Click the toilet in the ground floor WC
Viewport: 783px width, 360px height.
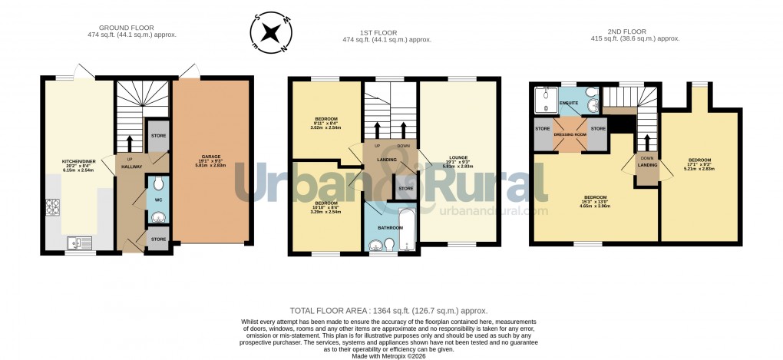[157, 183]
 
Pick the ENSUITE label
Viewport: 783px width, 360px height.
[569, 102]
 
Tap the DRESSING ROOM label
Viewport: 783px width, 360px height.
[570, 134]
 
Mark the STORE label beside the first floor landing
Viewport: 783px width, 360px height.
[405, 188]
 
